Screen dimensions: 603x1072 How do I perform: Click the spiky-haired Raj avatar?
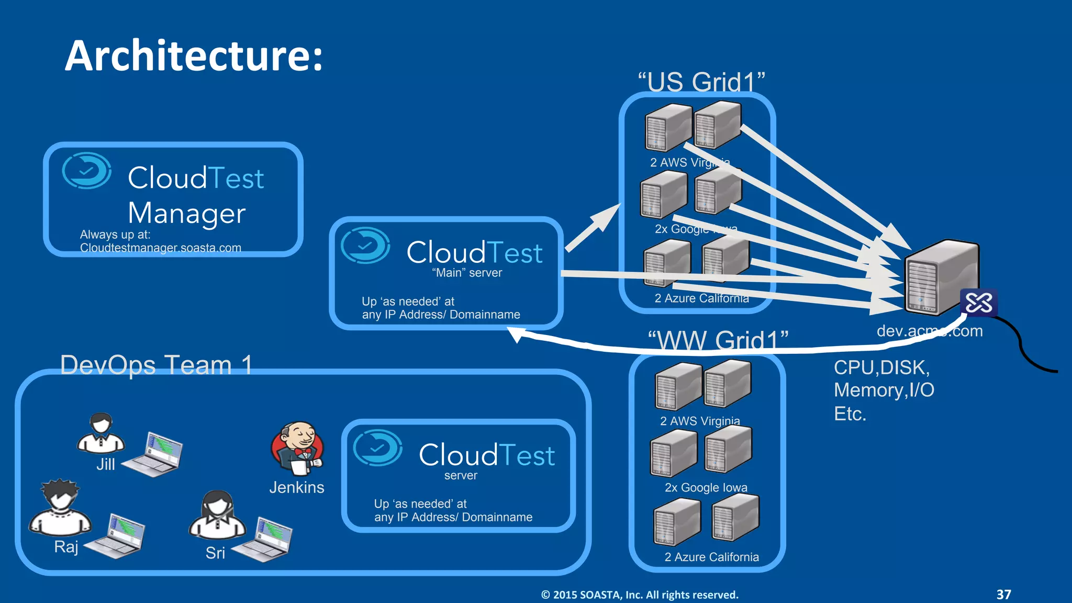(60, 508)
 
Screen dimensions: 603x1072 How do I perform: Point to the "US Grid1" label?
(701, 82)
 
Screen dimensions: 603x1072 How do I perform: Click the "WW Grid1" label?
(718, 340)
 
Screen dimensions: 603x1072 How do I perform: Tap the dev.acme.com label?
(930, 331)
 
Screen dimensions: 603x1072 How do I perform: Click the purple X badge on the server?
(978, 303)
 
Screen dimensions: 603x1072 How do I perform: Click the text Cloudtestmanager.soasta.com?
(161, 248)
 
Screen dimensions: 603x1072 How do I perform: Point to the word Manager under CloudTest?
(187, 213)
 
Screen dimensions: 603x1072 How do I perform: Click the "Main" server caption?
(467, 273)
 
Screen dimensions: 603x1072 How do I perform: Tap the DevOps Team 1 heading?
(157, 364)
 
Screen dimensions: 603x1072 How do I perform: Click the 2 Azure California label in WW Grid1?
(711, 557)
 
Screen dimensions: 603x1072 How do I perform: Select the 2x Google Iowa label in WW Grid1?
(706, 487)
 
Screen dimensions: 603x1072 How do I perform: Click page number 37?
(1003, 594)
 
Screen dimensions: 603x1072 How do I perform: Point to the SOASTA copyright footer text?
(639, 595)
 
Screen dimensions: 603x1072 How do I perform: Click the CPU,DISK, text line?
(881, 367)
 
